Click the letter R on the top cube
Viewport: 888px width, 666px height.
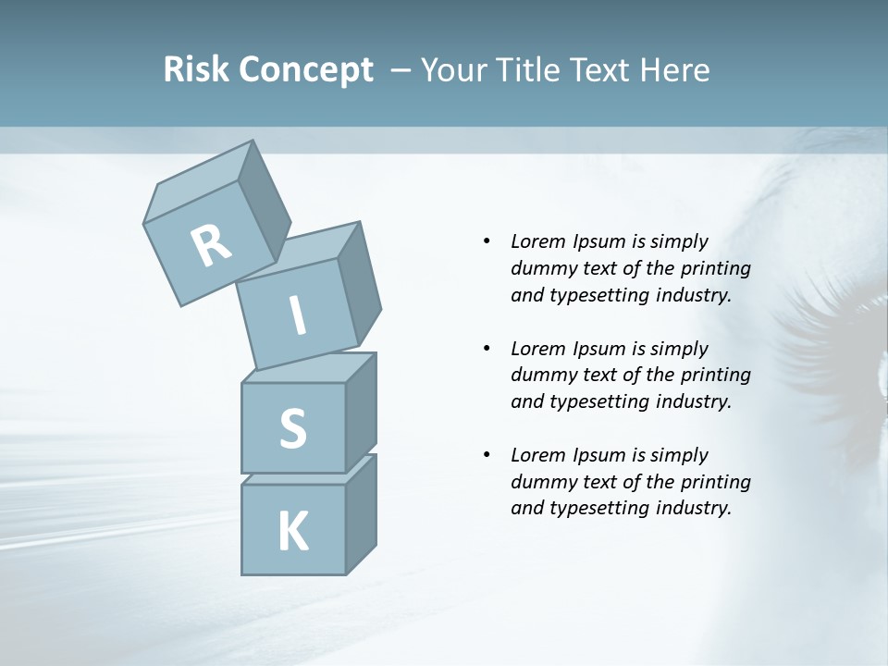pyautogui.click(x=211, y=246)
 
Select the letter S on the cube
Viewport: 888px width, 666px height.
pyautogui.click(x=292, y=428)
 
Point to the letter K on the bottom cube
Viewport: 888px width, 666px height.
pyautogui.click(x=292, y=532)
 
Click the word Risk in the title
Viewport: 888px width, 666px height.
pyautogui.click(x=195, y=70)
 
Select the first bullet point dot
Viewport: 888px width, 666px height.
pyautogui.click(x=487, y=241)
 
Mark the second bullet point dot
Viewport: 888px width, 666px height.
pyautogui.click(x=487, y=349)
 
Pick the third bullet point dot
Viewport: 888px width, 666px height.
pyautogui.click(x=487, y=455)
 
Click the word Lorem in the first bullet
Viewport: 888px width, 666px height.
pyautogui.click(x=538, y=241)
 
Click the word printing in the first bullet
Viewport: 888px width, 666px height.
pyautogui.click(x=717, y=268)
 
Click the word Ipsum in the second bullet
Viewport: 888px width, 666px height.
pyautogui.click(x=601, y=349)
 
